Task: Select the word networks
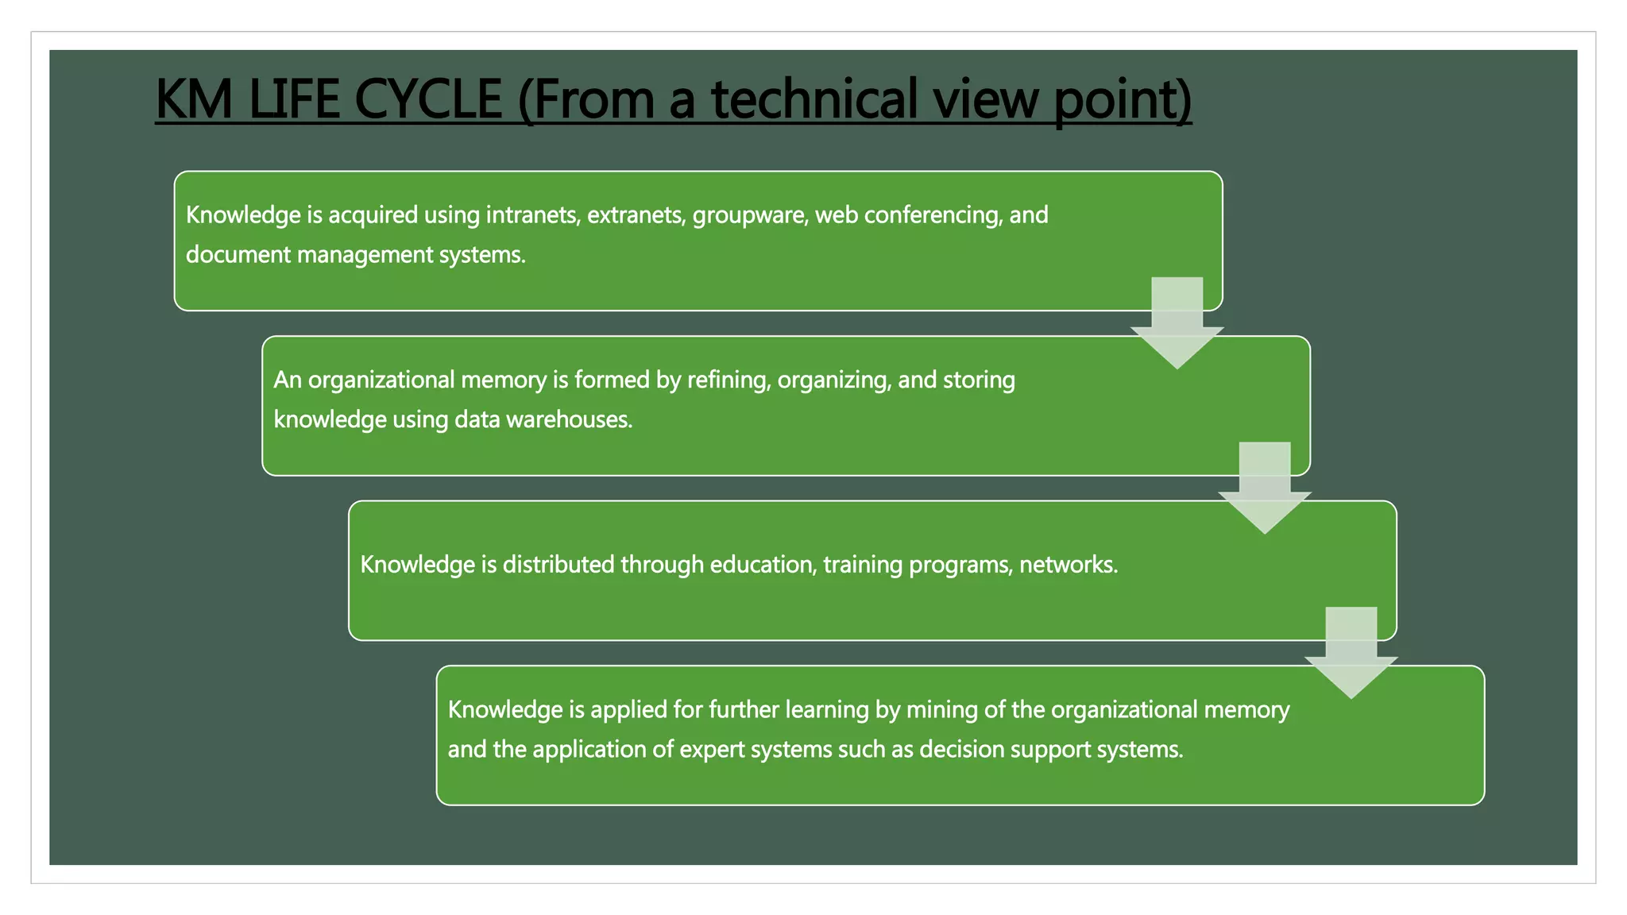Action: [1069, 565]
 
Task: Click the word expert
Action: [712, 750]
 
